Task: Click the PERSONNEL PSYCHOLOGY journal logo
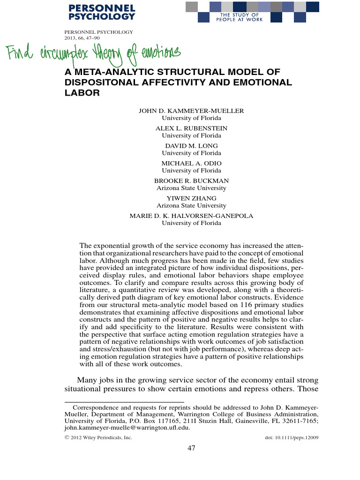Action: pyautogui.click(x=102, y=12)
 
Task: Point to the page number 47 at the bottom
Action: pyautogui.click(x=191, y=449)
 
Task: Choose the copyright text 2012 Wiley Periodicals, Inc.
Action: pyautogui.click(x=101, y=438)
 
